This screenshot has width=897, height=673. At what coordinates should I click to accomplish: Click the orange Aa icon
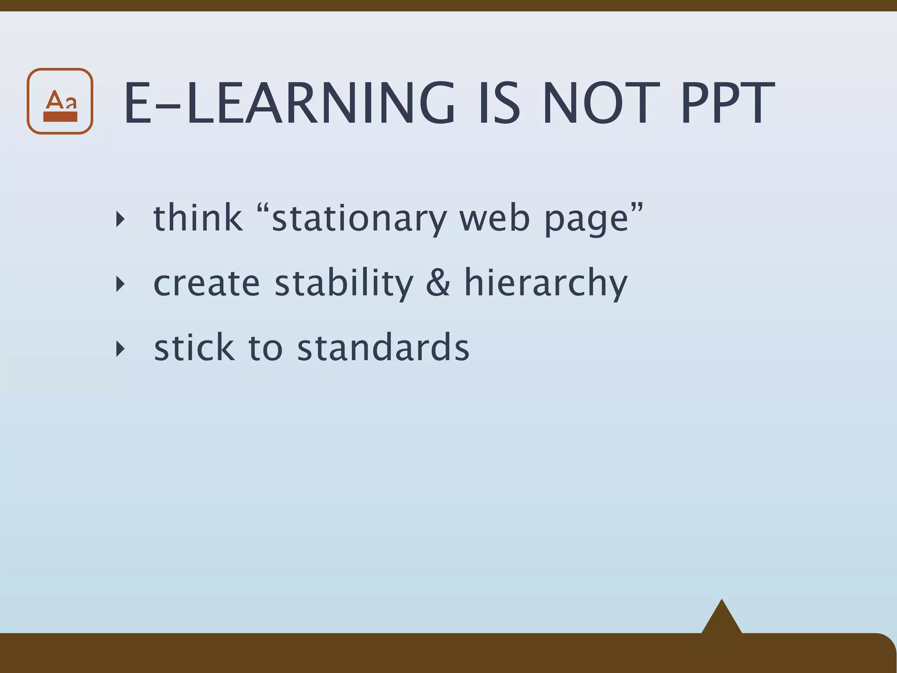point(60,101)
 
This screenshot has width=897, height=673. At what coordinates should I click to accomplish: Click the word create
point(206,283)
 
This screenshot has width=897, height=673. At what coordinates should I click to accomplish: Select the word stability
point(344,283)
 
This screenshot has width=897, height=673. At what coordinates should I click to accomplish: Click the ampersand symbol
point(438,283)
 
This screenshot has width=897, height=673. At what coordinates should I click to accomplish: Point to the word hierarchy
point(546,283)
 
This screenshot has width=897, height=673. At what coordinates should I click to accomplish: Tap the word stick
point(194,347)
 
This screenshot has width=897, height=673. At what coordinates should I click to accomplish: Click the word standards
point(383,347)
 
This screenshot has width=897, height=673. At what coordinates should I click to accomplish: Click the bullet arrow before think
point(120,219)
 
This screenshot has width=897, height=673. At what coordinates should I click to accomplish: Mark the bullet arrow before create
point(120,284)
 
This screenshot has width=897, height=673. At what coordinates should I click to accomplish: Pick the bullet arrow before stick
point(120,349)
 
